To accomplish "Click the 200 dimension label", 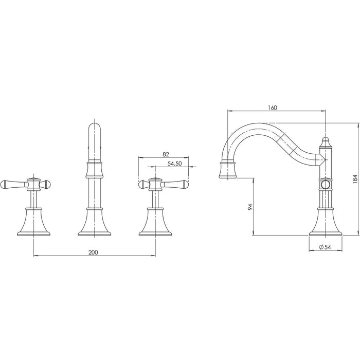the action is (x=93, y=253).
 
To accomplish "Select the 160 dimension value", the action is (x=272, y=107).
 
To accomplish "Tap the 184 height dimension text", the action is (x=355, y=179).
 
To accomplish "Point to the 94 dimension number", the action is (x=250, y=207).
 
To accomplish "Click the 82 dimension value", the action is (x=166, y=154).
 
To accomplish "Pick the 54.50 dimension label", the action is (x=175, y=164).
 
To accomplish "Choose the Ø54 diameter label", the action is (x=325, y=247).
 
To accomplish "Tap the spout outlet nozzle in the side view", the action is (x=227, y=170).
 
